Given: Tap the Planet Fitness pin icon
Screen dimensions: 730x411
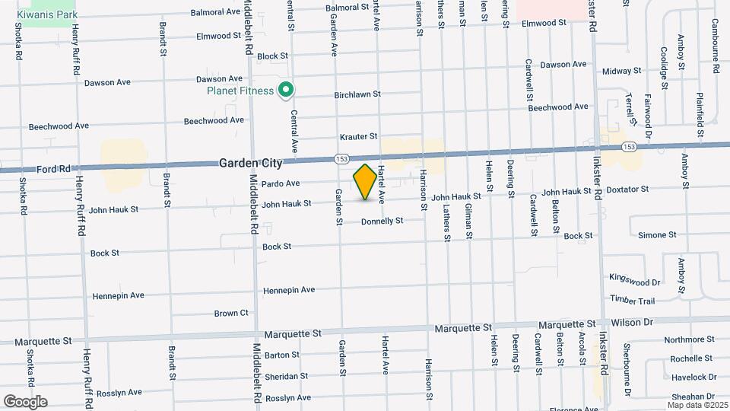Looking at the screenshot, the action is click(x=286, y=91).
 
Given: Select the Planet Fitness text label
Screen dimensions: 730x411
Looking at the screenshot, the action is click(x=240, y=91).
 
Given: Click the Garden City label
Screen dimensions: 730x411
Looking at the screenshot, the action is click(x=251, y=163).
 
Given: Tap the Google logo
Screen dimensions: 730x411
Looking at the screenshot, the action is click(x=25, y=402).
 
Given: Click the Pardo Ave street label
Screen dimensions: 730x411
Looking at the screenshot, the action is click(x=281, y=183).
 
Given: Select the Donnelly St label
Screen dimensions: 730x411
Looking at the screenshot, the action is click(x=382, y=221).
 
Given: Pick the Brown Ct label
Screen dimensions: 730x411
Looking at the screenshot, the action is click(x=231, y=313).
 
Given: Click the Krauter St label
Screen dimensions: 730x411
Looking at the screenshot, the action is click(x=358, y=136).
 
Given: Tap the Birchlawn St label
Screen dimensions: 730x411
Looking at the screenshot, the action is click(x=357, y=95).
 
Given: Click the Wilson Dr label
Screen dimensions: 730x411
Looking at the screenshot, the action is click(x=632, y=323).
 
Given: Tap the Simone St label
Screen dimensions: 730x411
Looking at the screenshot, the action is click(x=656, y=235).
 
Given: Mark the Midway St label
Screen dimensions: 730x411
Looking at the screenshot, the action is click(x=622, y=71).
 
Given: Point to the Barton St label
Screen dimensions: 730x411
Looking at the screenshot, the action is click(x=282, y=355).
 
